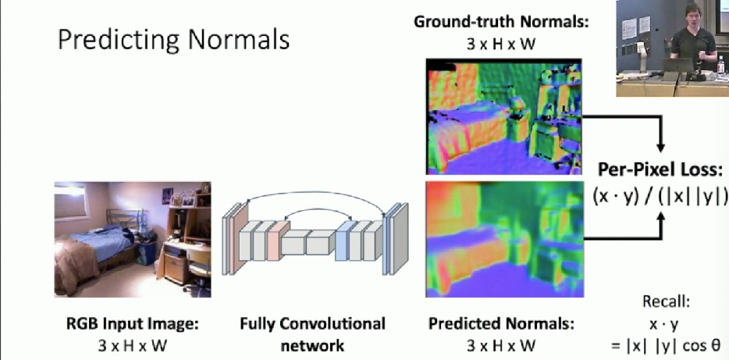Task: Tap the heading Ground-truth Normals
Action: coord(501,22)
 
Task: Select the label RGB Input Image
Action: coord(133,324)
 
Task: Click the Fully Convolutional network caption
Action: coord(312,334)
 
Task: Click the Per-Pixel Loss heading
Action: coord(660,170)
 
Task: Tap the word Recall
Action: coord(667,302)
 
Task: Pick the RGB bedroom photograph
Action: coord(133,239)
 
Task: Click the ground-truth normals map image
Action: coord(504,116)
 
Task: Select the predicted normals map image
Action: coord(504,239)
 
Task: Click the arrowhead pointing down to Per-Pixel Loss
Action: coord(660,147)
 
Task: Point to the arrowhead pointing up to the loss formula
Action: coord(660,217)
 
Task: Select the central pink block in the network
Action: coord(278,241)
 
